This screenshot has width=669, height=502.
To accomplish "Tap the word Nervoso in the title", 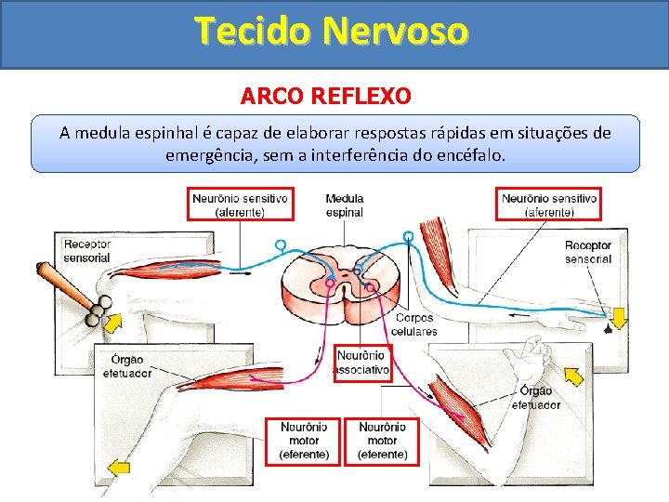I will (396, 31).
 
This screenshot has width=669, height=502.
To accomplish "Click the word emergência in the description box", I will (211, 155).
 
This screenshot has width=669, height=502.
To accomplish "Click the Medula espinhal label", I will (345, 205).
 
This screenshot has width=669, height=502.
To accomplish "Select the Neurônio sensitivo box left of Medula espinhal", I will (240, 205).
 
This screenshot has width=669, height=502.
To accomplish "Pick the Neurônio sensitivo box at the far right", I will (549, 205).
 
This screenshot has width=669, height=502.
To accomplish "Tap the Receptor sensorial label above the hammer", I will (86, 251).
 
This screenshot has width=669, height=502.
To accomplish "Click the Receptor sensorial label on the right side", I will (587, 252).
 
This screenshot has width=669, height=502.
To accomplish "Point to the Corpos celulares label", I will (413, 324).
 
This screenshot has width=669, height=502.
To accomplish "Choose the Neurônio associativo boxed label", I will (362, 363).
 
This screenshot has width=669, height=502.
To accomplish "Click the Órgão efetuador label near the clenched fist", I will (536, 398).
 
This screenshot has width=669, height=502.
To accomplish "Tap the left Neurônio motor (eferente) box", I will (304, 441).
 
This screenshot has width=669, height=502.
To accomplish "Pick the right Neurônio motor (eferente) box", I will (382, 441).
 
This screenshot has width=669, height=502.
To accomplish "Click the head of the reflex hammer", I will (98, 310).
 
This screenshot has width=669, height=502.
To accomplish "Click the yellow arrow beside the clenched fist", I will (572, 375).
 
